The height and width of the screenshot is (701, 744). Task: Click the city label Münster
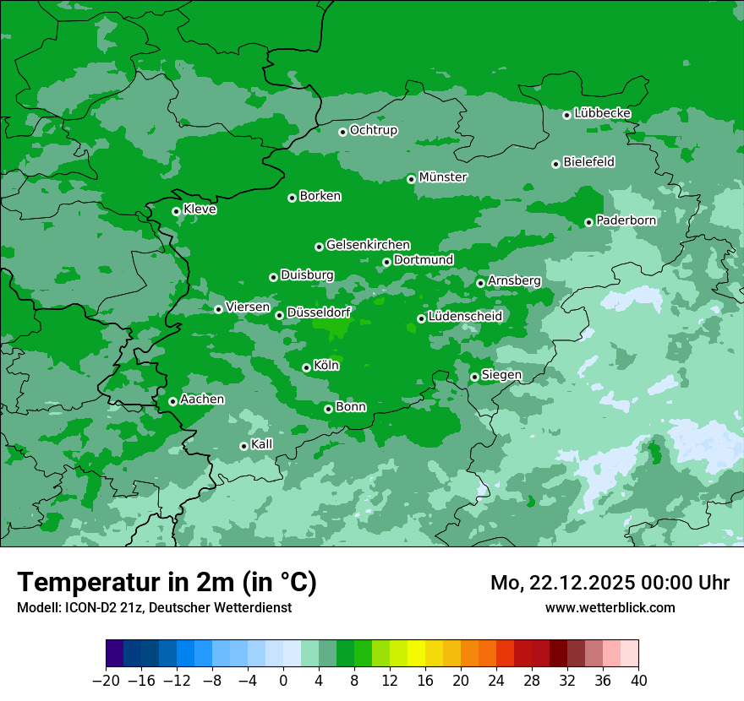[443, 177]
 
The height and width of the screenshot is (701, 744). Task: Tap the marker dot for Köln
[306, 367]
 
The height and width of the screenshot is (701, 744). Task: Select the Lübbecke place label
[602, 113]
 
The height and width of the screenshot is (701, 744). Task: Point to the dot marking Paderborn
[588, 222]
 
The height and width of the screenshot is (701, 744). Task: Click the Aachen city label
[202, 399]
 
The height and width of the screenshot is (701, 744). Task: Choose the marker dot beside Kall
[243, 446]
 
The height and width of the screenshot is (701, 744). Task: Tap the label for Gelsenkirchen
[368, 245]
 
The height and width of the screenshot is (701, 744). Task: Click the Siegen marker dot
[474, 377]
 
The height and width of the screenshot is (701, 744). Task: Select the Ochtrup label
[373, 130]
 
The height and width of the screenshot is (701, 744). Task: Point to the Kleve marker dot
[176, 211]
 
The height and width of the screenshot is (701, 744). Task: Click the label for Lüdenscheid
[465, 317]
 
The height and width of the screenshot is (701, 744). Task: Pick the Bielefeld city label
[588, 162]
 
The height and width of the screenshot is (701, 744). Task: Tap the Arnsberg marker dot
[480, 283]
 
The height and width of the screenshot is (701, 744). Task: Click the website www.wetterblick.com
[610, 607]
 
